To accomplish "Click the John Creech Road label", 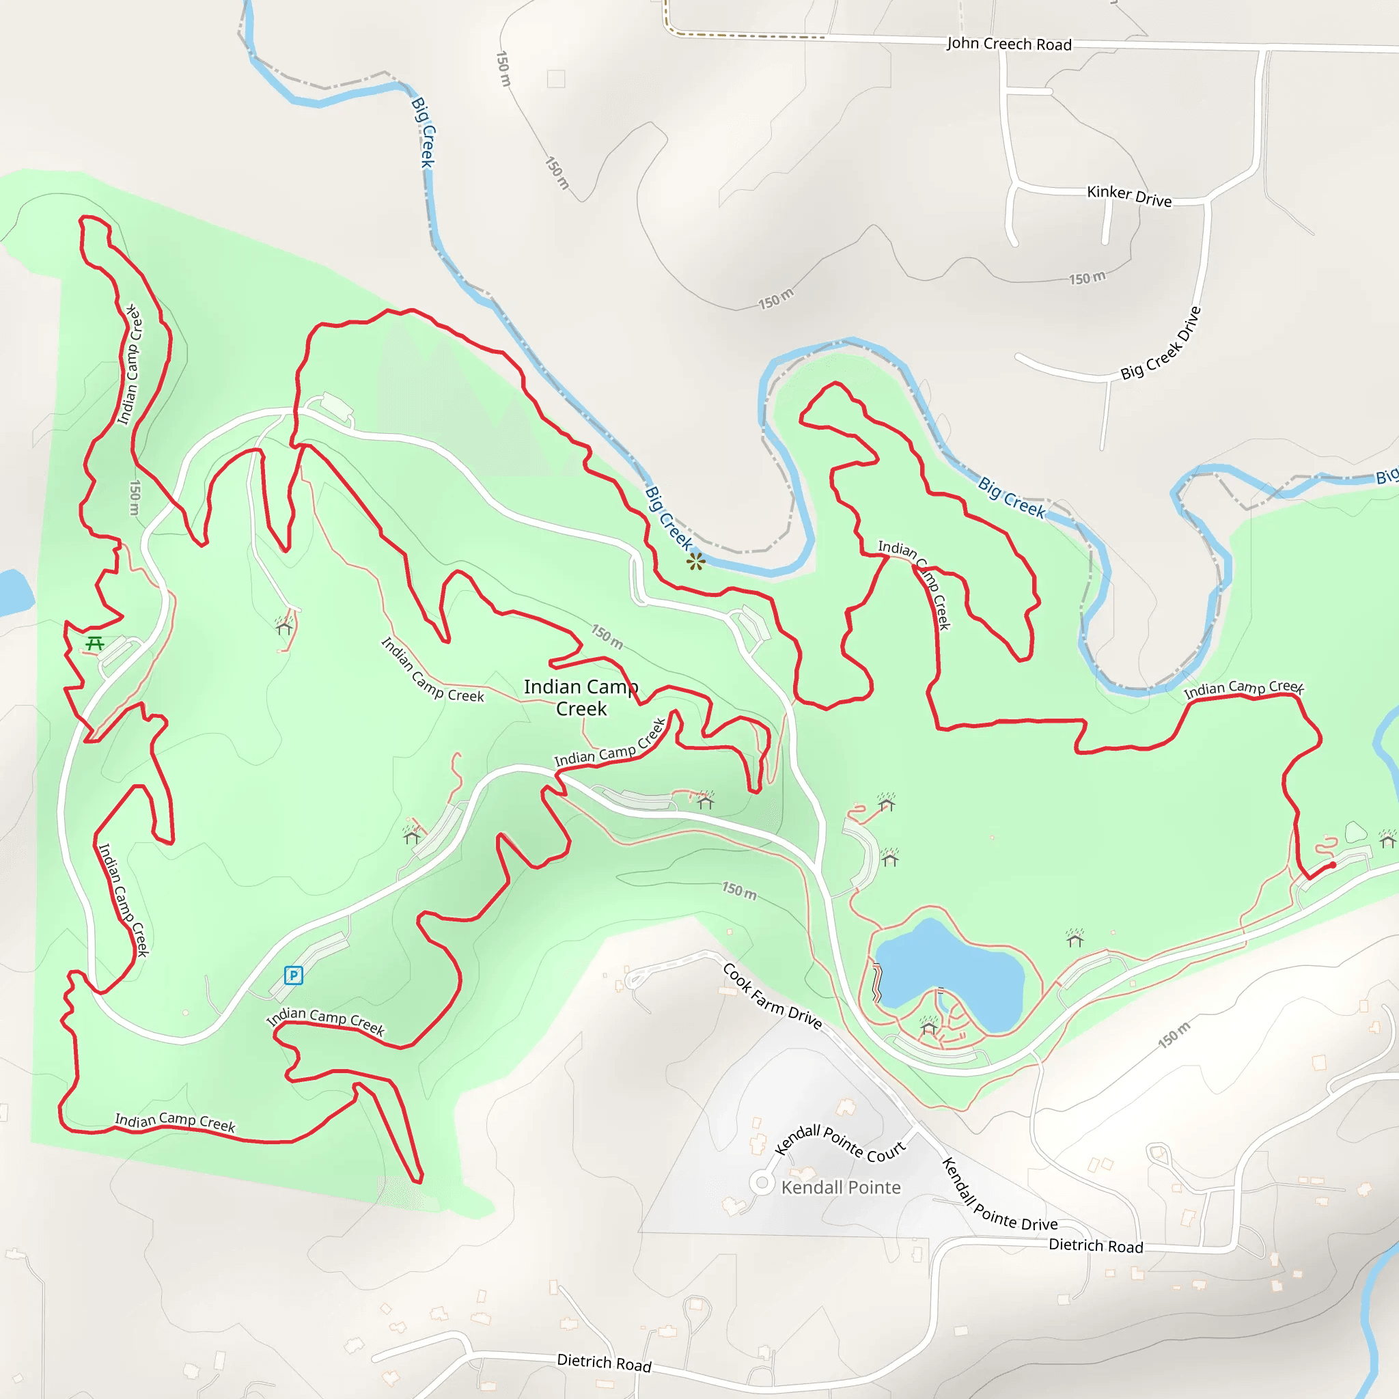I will pos(1009,44).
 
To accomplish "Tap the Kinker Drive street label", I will pos(1129,195).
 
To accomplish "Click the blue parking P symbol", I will pos(293,975).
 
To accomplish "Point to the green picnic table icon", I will pos(95,643).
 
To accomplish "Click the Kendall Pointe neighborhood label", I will pos(841,1187).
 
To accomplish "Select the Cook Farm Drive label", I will pos(772,997).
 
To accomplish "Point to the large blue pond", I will pos(949,970).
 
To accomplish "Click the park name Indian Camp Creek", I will pos(581,697).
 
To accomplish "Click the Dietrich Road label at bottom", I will pos(604,1363).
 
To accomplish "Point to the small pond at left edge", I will pos(13,592).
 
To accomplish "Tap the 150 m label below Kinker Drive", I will pos(1087,278).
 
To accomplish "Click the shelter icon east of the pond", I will pos(1075,939).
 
